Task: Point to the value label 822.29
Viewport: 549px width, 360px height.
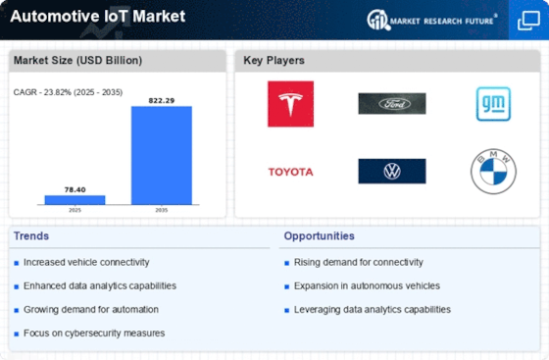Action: pos(161,100)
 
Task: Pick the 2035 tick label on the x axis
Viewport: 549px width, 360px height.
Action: pos(161,210)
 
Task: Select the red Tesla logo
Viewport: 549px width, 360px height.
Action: pos(290,104)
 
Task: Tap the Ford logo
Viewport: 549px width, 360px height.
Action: pos(391,104)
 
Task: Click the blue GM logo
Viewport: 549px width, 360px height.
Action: pos(493,104)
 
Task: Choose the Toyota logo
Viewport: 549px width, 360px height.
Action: pos(290,172)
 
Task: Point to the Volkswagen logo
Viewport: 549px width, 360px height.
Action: pos(391,172)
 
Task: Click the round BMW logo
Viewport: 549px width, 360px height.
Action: pos(493,172)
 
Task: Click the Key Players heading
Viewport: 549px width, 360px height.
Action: pos(274,61)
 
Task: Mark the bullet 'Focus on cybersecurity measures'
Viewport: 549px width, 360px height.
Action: pos(92,333)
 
